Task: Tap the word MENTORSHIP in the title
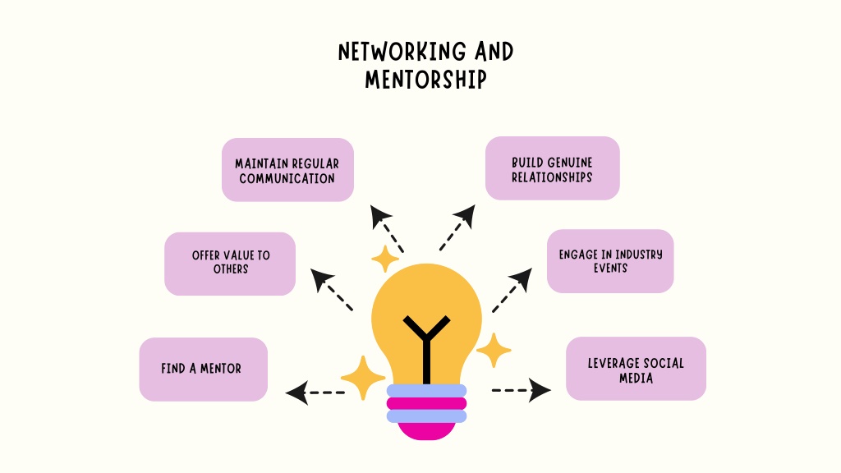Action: (x=426, y=80)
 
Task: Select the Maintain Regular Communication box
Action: (x=287, y=170)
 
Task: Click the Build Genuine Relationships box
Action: (x=553, y=168)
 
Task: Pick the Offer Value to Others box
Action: (x=230, y=264)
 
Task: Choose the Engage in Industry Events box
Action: (x=610, y=261)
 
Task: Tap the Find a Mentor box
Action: (x=204, y=370)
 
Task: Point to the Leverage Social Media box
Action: (x=636, y=369)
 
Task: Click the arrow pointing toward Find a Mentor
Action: (x=315, y=393)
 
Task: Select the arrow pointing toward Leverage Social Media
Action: (x=522, y=390)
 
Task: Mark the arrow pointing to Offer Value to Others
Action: (x=332, y=290)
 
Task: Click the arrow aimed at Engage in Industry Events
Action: (x=512, y=290)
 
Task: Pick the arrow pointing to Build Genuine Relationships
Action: (x=457, y=227)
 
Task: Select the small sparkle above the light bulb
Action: (x=385, y=259)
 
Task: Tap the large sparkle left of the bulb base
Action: (x=363, y=378)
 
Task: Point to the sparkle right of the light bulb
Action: (x=494, y=350)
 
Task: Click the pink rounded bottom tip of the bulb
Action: (x=426, y=431)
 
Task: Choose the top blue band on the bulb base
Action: (x=426, y=390)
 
